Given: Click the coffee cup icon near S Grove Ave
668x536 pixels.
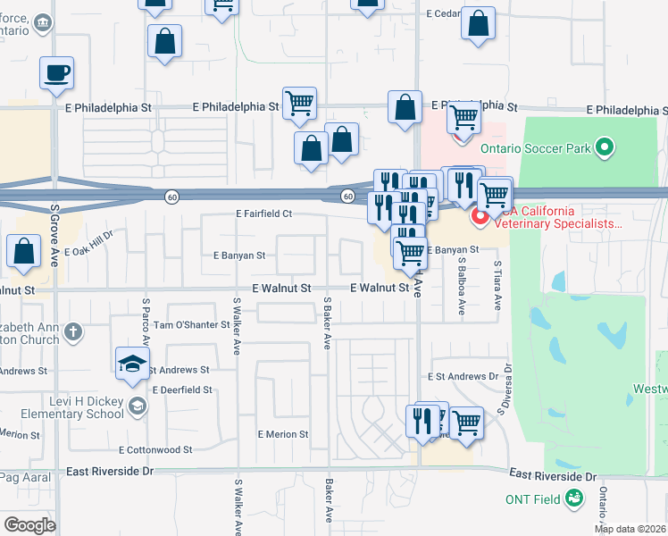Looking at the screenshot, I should click(x=56, y=72).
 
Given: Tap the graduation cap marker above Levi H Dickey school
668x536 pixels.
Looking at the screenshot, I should click(x=132, y=363).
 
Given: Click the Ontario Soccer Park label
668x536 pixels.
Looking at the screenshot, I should click(x=535, y=148).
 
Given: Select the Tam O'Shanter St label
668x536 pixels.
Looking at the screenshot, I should click(x=192, y=325).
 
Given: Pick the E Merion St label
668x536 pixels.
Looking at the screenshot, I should click(x=282, y=434).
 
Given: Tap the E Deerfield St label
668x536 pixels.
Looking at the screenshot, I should click(x=182, y=390).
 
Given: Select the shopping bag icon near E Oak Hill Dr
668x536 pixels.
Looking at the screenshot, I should click(x=23, y=252).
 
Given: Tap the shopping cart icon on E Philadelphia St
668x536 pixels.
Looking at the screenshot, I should click(x=299, y=103).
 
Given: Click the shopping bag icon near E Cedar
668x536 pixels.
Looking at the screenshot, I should click(x=479, y=24).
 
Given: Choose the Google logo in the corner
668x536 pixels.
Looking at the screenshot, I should click(x=29, y=525).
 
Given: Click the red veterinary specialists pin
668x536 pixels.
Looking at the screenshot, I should click(x=480, y=217).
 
